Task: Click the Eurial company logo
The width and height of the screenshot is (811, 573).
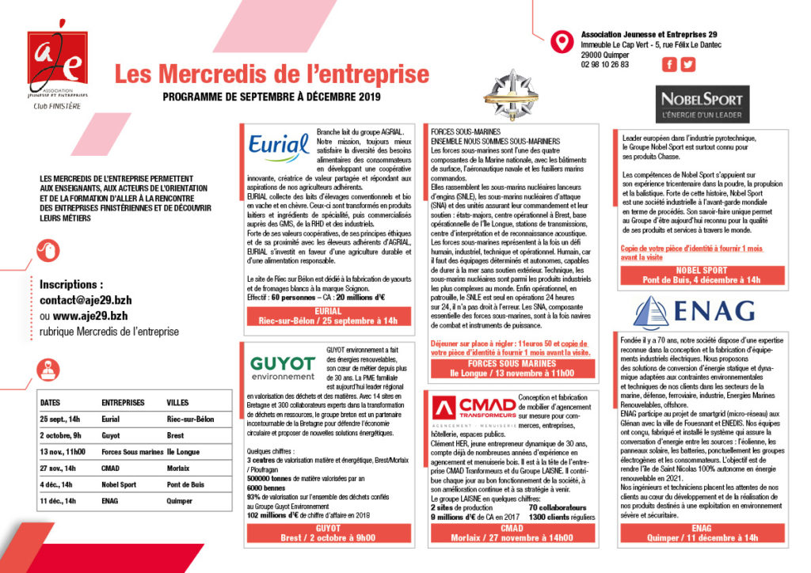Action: pos(279,148)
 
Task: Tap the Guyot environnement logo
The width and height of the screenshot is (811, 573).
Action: pos(282,368)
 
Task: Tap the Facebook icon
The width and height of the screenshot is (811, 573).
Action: pos(669,65)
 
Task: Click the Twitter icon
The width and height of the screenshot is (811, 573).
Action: pos(687,65)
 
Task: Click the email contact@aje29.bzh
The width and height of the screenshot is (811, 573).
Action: pos(84,301)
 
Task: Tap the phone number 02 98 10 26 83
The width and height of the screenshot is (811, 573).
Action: pos(604,65)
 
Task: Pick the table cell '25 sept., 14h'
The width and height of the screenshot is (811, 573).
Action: pos(61,419)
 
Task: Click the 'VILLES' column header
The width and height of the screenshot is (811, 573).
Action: pos(178,402)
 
